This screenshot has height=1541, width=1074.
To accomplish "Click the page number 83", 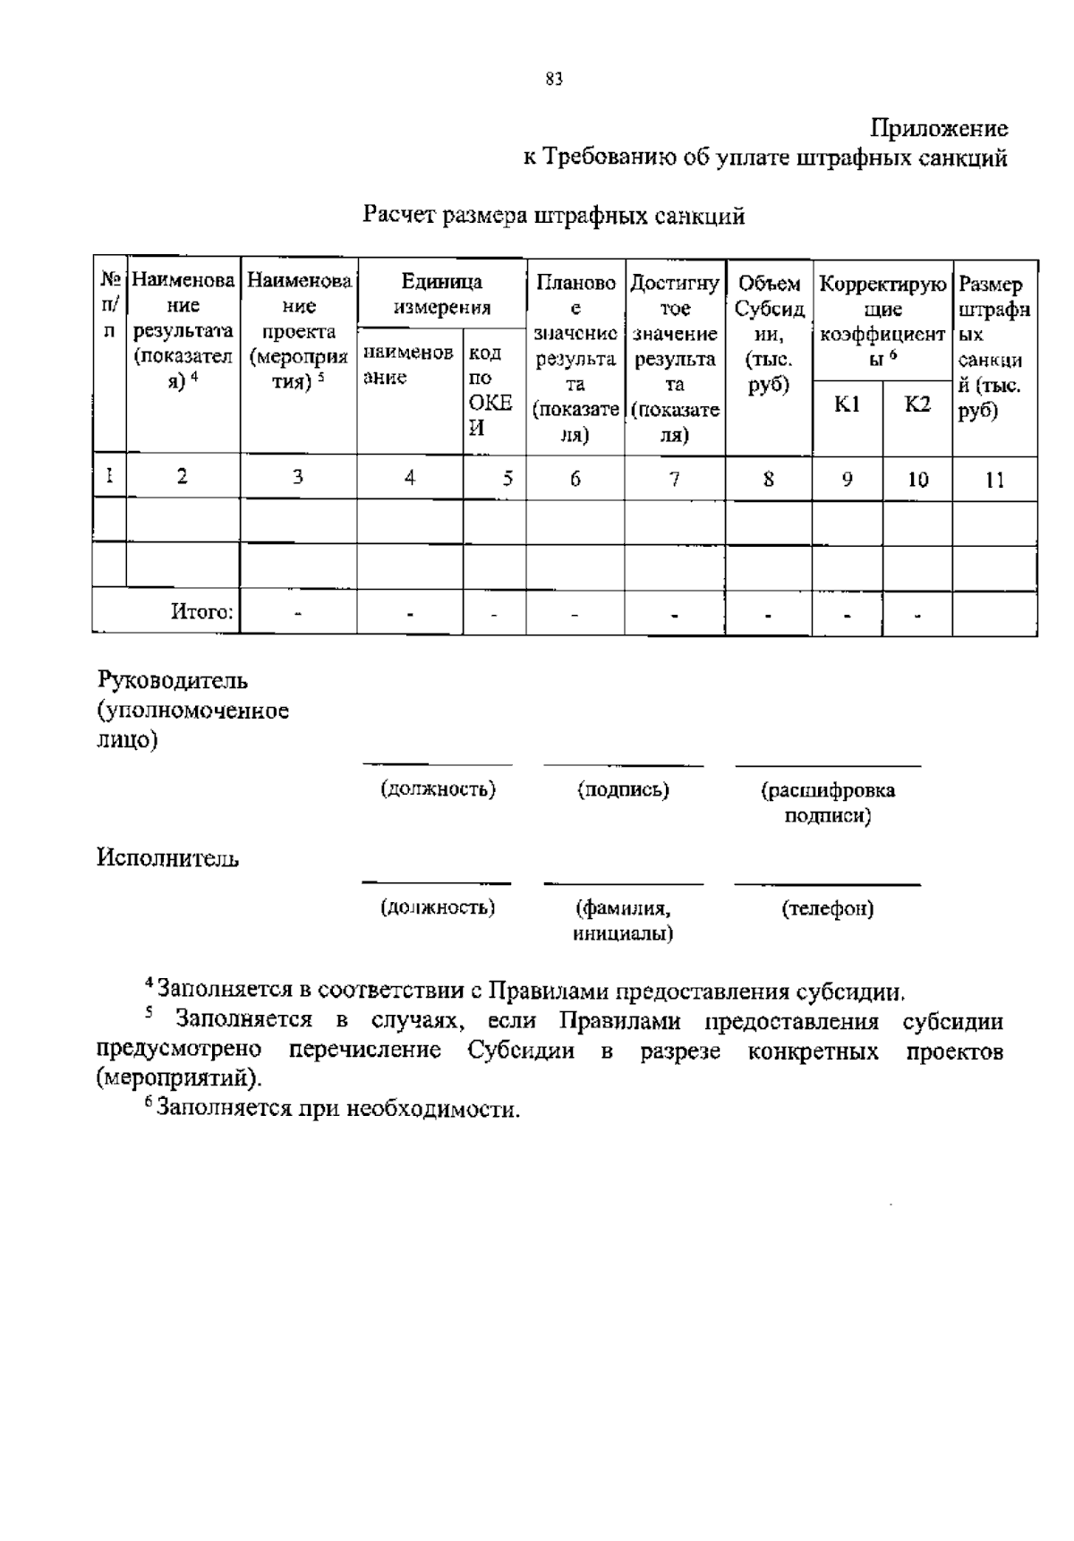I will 553,81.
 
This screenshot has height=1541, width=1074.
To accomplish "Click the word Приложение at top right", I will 940,129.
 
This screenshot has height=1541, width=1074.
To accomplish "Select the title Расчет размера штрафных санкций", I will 553,216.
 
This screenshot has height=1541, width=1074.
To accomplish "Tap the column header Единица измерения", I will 441,294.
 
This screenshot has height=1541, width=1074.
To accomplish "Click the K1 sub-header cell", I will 847,404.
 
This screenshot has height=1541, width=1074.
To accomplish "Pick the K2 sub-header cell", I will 916,404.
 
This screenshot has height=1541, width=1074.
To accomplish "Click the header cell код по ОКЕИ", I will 491,389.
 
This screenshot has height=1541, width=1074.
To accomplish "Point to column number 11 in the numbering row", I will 994,480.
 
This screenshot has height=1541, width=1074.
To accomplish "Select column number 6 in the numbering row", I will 575,479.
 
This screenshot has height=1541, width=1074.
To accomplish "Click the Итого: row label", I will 202,612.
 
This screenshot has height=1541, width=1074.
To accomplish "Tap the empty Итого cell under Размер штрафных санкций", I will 994,612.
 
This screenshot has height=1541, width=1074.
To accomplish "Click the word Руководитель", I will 173,680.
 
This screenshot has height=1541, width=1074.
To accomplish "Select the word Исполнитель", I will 168,859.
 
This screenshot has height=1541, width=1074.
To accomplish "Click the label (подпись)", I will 623,789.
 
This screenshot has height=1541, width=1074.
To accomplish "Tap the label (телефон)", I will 827,909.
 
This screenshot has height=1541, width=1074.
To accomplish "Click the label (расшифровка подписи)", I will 827,802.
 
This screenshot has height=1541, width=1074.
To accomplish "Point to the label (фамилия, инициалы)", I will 623,921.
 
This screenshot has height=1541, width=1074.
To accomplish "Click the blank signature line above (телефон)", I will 827,884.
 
